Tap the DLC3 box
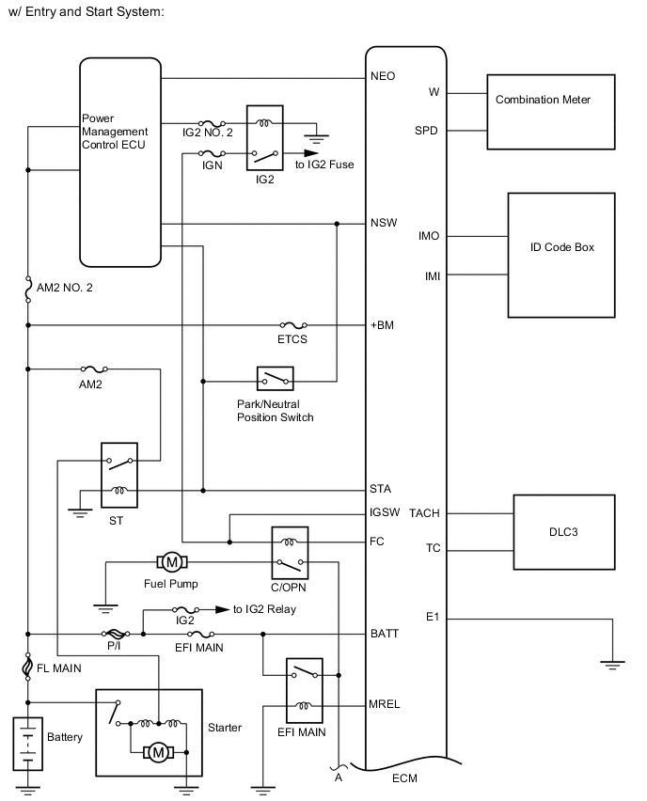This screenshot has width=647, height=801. (562, 532)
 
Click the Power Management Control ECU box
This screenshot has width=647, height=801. (120, 162)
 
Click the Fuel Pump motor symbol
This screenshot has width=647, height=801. (172, 562)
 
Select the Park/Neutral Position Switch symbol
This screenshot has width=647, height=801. (275, 380)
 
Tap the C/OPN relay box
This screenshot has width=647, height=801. (289, 553)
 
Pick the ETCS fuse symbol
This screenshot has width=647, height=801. (292, 325)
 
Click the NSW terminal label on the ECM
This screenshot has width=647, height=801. (384, 224)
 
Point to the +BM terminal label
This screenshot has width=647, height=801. (382, 326)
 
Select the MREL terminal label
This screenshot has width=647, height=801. (385, 705)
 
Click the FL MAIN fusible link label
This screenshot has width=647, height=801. (62, 668)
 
